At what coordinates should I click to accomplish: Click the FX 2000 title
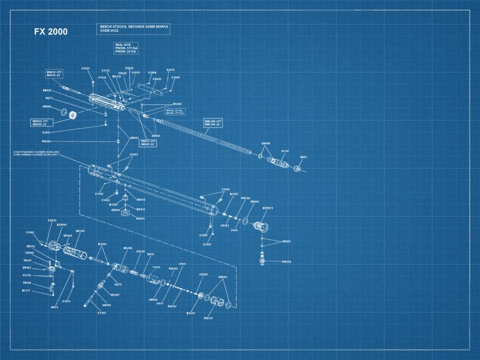pyautogui.click(x=51, y=32)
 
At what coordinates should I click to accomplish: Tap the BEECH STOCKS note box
pyautogui.click(x=133, y=28)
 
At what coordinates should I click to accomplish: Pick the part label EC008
pyautogui.click(x=177, y=104)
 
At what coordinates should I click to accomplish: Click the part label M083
pyautogui.click(x=303, y=157)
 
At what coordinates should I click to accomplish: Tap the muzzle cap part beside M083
pyautogui.click(x=298, y=168)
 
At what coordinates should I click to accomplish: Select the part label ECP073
pyautogui.click(x=268, y=208)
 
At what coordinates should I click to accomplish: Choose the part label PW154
pyautogui.click(x=286, y=262)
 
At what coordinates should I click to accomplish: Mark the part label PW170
pyautogui.click(x=209, y=318)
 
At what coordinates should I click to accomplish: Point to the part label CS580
pyautogui.click(x=203, y=274)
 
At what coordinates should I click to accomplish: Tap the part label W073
pyautogui.click(x=54, y=307)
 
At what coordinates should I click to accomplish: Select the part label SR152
pyautogui.click(x=31, y=246)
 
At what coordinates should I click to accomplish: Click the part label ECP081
pyautogui.click(x=62, y=224)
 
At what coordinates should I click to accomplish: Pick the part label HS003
pyautogui.click(x=140, y=218)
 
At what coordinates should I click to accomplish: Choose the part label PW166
pyautogui.click(x=46, y=141)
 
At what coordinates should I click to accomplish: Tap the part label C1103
pyautogui.click(x=102, y=313)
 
